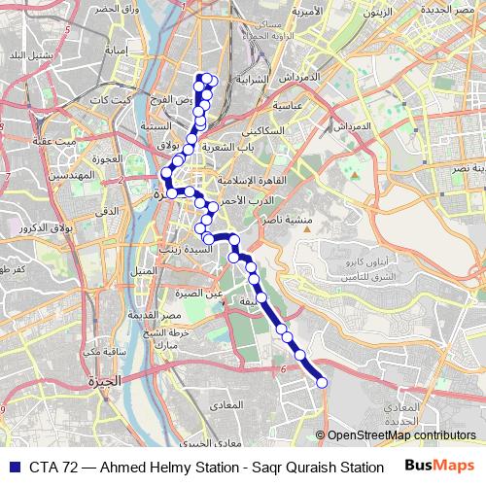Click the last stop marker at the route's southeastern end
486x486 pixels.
click(323, 382)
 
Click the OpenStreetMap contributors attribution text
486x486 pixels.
click(400, 435)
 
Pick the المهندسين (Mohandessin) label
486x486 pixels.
click(74, 175)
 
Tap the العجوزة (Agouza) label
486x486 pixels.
click(109, 158)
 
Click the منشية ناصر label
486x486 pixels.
click(288, 221)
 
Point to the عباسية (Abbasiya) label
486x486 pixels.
click(290, 104)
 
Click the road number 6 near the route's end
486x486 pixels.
click(282, 369)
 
